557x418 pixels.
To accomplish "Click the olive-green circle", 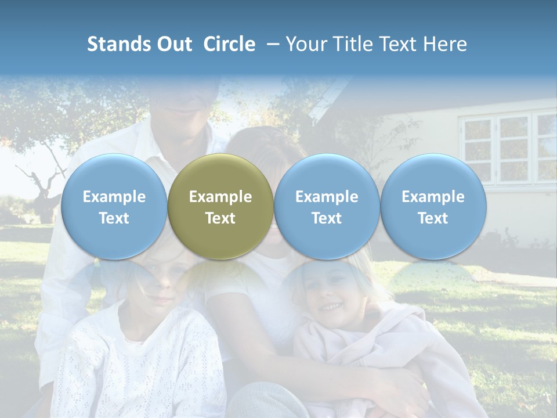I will (x=220, y=207).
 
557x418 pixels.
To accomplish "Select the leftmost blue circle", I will (x=114, y=207).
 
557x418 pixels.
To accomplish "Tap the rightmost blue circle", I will (x=433, y=207).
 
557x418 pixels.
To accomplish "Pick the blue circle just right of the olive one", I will (x=327, y=207).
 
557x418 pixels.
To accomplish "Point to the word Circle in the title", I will (x=229, y=44).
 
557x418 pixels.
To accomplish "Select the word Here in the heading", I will (x=446, y=44).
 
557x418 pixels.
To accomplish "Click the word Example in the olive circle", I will (x=220, y=197).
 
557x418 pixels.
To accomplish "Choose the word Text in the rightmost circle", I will (x=433, y=218).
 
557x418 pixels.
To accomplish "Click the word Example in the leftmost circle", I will (x=114, y=197).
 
